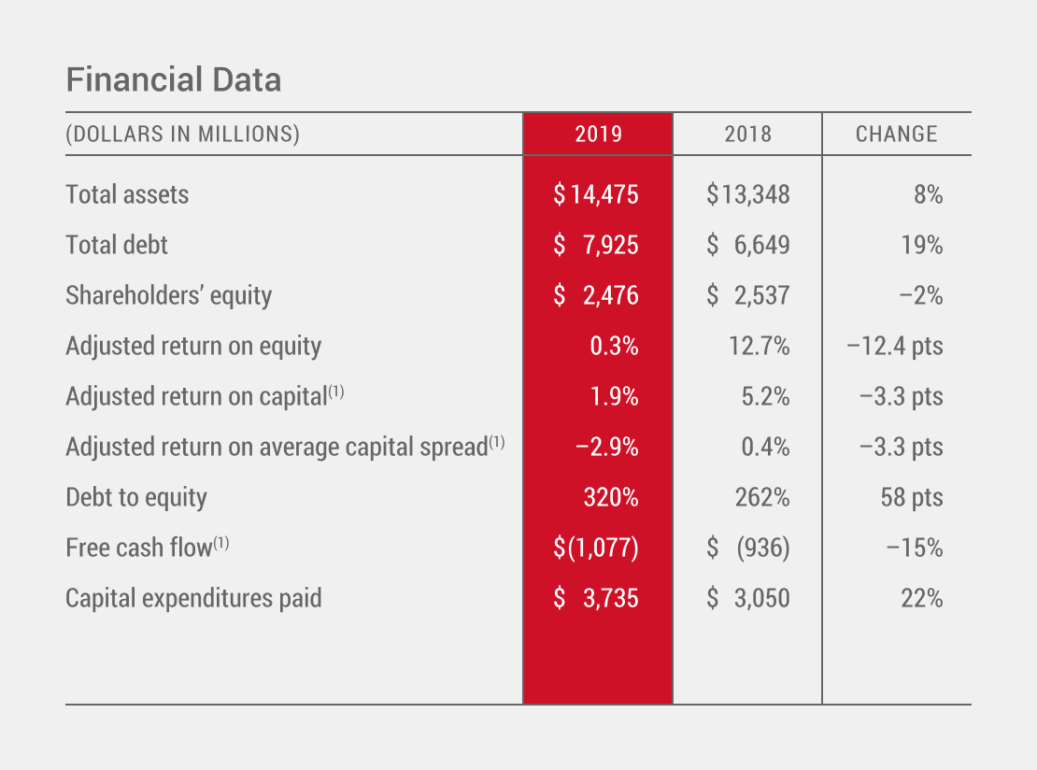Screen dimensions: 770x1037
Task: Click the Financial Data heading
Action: (x=173, y=80)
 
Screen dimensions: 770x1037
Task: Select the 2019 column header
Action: (x=598, y=134)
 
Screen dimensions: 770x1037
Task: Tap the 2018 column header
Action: (x=747, y=134)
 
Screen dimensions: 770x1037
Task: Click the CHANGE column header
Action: (x=896, y=134)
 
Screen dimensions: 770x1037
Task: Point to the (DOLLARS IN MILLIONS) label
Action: (x=182, y=134)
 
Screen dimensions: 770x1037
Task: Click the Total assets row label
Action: (x=127, y=194)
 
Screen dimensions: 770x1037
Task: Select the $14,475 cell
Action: (x=596, y=194)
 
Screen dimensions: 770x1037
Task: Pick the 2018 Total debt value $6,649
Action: (x=747, y=245)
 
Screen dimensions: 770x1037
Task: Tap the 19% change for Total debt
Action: (x=921, y=245)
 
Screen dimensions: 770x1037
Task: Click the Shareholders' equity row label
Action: (x=168, y=295)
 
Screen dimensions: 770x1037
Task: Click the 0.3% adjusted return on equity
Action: (x=614, y=346)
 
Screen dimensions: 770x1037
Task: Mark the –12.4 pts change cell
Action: (x=894, y=346)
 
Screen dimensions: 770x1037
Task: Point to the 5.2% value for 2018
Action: (x=764, y=396)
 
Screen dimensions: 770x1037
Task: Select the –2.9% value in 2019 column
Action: (x=607, y=447)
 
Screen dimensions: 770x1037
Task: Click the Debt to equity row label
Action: (x=136, y=497)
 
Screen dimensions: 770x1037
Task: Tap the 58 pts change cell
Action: (x=911, y=497)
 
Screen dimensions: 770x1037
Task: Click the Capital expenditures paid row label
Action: (x=193, y=598)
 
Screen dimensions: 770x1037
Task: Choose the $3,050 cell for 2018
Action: (x=747, y=598)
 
